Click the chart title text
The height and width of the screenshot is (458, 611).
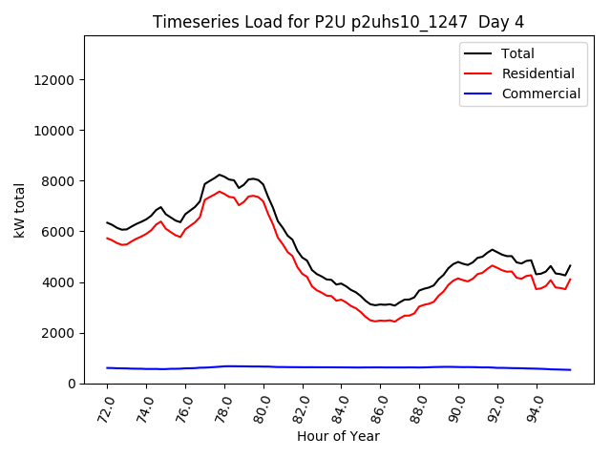click(339, 21)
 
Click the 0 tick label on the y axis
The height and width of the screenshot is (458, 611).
click(73, 384)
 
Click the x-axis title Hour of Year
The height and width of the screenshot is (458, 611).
click(339, 436)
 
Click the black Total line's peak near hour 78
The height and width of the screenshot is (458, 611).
click(220, 175)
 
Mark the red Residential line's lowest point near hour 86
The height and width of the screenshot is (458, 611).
click(374, 322)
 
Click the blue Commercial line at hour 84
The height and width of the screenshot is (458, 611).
click(342, 367)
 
